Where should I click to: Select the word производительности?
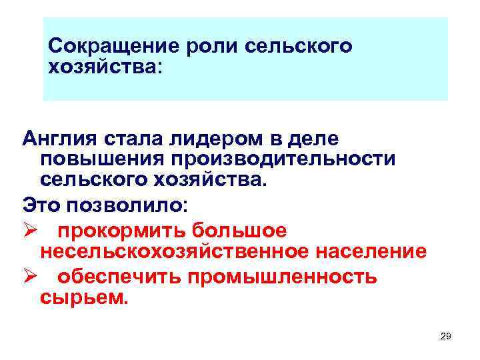point(281,160)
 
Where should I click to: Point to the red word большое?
point(239,231)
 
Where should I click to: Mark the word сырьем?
point(82,297)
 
